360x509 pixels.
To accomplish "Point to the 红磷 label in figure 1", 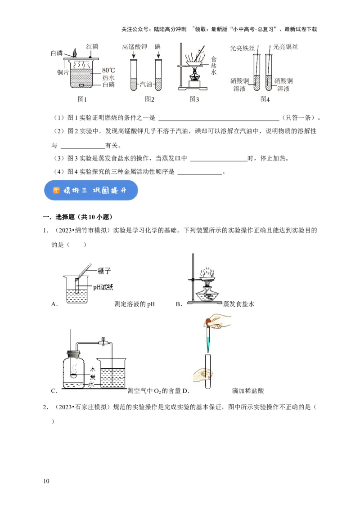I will click(92, 47).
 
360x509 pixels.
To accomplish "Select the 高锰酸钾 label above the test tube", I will click(135, 47).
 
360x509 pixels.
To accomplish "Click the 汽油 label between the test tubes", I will click(146, 84).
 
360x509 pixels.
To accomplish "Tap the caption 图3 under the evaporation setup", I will click(194, 99).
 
